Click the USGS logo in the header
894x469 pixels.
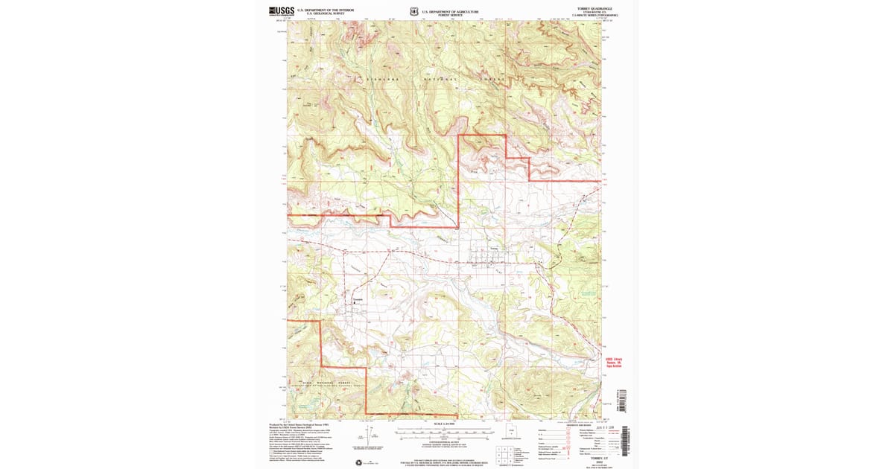coord(281,10)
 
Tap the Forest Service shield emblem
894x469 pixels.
coord(413,12)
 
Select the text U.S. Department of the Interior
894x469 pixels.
coord(326,10)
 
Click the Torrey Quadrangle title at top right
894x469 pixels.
coord(593,9)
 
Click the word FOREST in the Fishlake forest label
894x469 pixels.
coord(497,78)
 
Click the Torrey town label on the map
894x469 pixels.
coord(494,249)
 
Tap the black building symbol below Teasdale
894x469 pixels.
coord(354,303)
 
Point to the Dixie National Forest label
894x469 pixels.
coord(328,383)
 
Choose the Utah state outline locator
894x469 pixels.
coord(511,431)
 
